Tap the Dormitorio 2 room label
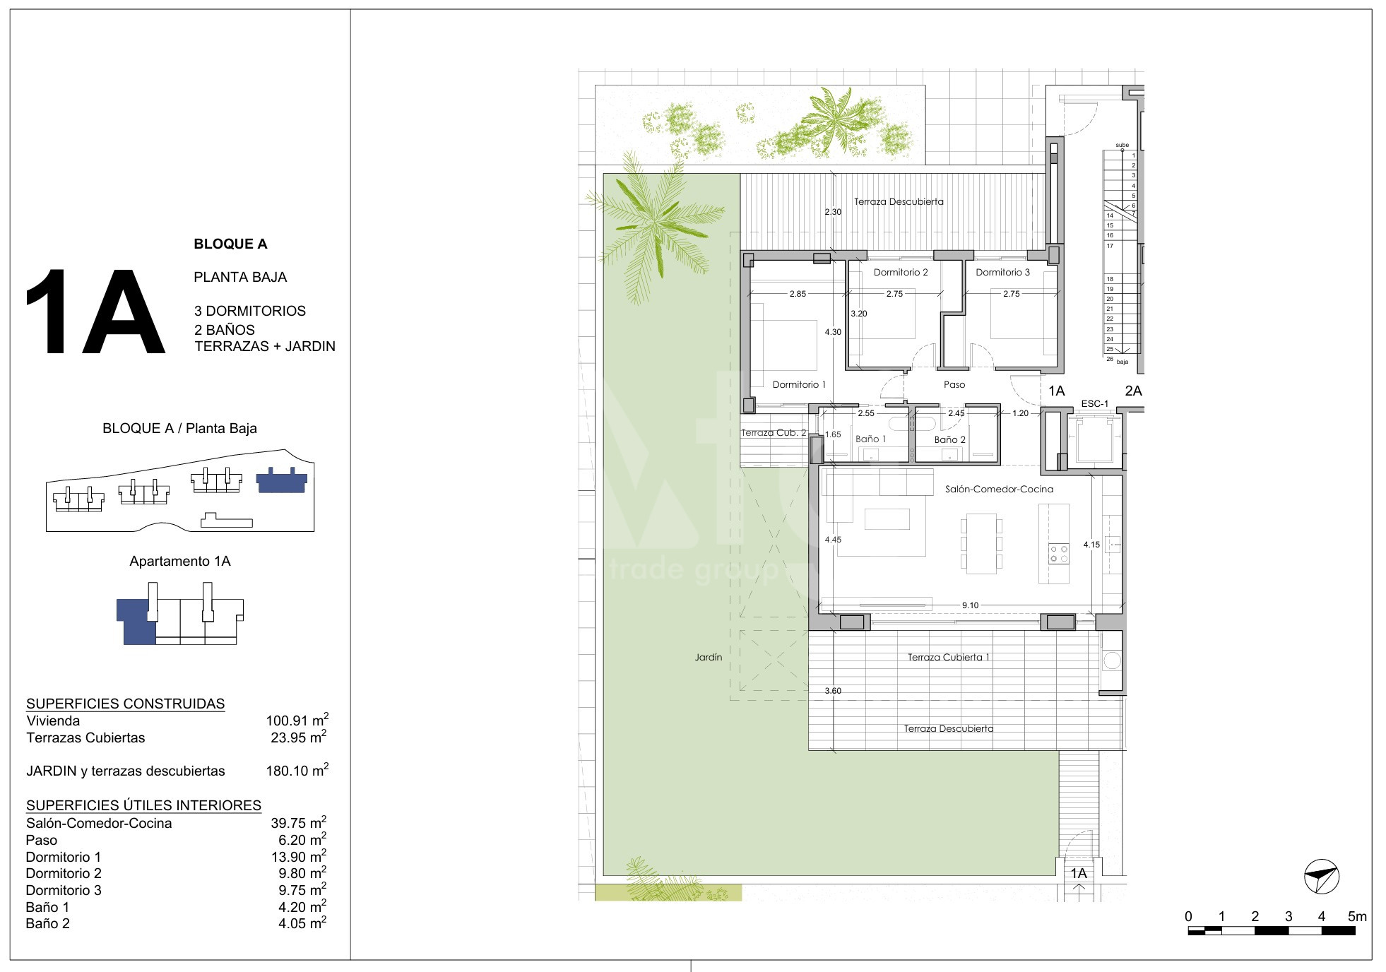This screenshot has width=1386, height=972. coord(901,272)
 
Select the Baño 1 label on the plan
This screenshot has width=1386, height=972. coord(870,439)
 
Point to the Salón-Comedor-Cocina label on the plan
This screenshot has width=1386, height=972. coord(999,489)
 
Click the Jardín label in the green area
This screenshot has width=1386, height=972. coord(708,657)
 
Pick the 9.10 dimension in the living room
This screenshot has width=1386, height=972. coord(970,605)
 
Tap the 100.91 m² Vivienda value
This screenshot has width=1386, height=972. coord(297,720)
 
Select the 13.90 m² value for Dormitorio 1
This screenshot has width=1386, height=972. coord(302,856)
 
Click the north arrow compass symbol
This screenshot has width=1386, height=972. coord(1321,877)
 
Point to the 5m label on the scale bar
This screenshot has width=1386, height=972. coord(1357,916)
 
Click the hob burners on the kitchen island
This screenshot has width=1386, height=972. coord(1059,553)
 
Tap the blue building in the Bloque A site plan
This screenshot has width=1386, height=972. coord(281,480)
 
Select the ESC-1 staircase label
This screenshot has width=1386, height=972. coord(1094,404)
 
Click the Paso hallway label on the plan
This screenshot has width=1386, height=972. coord(954,384)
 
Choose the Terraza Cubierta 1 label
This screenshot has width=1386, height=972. coord(948,657)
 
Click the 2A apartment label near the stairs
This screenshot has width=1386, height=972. coord(1133,391)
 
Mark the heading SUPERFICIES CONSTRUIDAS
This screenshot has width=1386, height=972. coord(125,704)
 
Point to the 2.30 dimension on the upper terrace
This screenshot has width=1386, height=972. coord(833,212)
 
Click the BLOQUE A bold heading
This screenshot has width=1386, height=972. coord(230,244)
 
